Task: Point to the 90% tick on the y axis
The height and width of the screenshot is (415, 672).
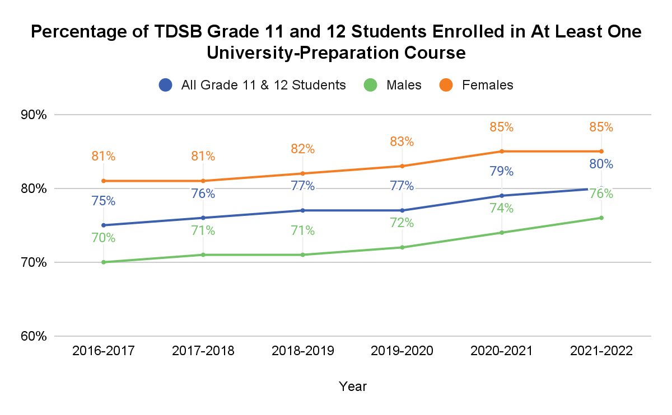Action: pyautogui.click(x=34, y=115)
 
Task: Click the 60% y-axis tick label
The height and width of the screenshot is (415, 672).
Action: pyautogui.click(x=34, y=336)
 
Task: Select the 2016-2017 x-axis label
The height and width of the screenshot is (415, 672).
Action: pyautogui.click(x=104, y=351)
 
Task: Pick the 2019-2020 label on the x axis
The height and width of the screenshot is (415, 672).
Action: pyautogui.click(x=402, y=351)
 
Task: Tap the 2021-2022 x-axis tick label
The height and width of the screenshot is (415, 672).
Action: pyautogui.click(x=601, y=351)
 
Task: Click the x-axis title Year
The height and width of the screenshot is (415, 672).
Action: pyautogui.click(x=353, y=386)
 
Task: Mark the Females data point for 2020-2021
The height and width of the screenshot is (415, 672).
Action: pyautogui.click(x=502, y=151)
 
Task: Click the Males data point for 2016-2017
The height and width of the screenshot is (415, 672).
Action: pyautogui.click(x=104, y=262)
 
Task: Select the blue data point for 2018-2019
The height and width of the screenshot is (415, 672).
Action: pyautogui.click(x=302, y=210)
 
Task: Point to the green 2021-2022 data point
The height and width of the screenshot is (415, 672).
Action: pyautogui.click(x=601, y=218)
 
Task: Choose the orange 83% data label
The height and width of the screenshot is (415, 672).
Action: pyautogui.click(x=402, y=142)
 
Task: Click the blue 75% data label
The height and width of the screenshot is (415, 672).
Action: pyautogui.click(x=104, y=201)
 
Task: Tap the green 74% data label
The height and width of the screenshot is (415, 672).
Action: pyautogui.click(x=502, y=208)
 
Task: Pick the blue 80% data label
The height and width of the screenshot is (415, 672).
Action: pyautogui.click(x=601, y=164)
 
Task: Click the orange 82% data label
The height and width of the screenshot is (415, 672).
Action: pyautogui.click(x=302, y=149)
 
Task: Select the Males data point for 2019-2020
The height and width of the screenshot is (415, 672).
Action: pyautogui.click(x=402, y=247)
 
